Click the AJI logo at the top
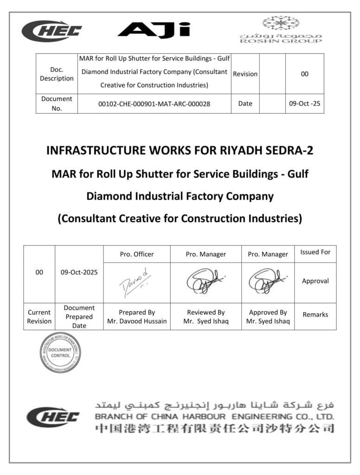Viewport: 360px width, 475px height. pyautogui.click(x=154, y=29)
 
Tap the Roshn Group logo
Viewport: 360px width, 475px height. pyautogui.click(x=280, y=30)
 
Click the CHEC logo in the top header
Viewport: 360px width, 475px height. pyautogui.click(x=51, y=31)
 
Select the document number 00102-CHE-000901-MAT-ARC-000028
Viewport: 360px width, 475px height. pyautogui.click(x=154, y=104)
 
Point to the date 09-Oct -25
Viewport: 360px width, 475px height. pyautogui.click(x=304, y=104)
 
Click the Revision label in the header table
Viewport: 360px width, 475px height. pyautogui.click(x=245, y=74)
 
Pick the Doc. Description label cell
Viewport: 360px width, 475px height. pyautogui.click(x=57, y=74)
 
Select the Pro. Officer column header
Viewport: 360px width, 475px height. pyautogui.click(x=137, y=254)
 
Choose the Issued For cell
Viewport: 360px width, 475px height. pyautogui.click(x=315, y=252)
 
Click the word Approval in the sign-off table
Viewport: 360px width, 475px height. pyautogui.click(x=315, y=281)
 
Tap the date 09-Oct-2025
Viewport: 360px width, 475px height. pyautogui.click(x=79, y=273)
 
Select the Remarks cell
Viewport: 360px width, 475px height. pyautogui.click(x=315, y=315)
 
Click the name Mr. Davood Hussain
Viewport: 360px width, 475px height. pyautogui.click(x=137, y=321)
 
